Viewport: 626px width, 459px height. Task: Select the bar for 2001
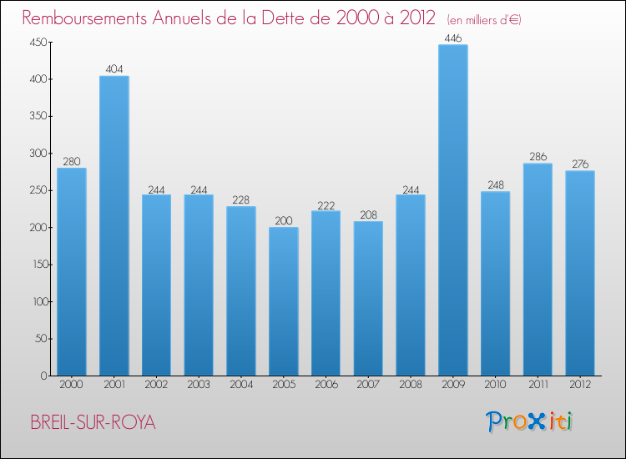point(114,226)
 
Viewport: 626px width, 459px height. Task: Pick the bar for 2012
point(580,273)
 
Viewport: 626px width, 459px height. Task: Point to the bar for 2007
point(368,298)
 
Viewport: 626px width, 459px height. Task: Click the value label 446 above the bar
point(453,38)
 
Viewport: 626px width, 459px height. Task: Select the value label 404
point(114,69)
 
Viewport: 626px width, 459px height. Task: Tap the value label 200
point(284,220)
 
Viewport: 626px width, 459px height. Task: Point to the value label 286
point(538,156)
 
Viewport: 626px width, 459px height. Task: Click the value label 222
point(326,204)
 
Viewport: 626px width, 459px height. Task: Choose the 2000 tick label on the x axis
point(72,386)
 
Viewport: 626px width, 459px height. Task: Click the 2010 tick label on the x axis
point(496,386)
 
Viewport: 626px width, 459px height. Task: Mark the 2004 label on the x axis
point(241,386)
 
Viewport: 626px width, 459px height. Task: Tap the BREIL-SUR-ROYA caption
point(93,422)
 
